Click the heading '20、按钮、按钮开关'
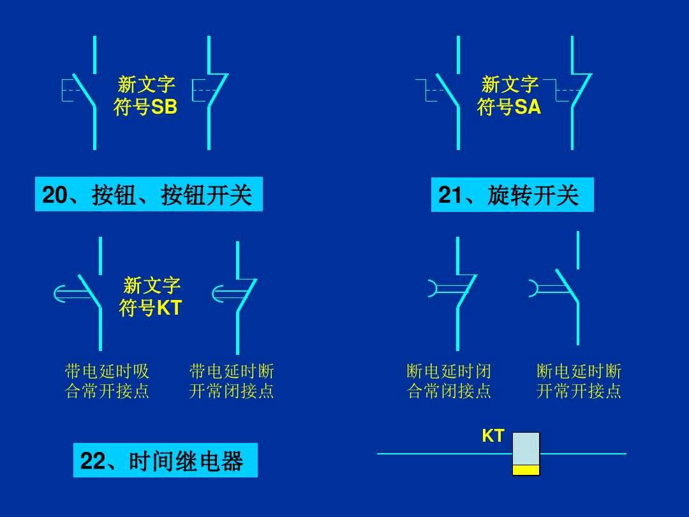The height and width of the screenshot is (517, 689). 148,194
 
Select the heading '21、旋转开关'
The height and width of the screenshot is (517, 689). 512,195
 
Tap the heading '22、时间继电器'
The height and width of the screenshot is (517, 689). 165,460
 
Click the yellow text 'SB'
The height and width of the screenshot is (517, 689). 164,108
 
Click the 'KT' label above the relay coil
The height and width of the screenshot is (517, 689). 493,437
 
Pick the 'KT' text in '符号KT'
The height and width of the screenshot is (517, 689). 170,309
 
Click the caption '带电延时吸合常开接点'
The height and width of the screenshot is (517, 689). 107,381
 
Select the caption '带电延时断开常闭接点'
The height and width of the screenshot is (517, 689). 232,381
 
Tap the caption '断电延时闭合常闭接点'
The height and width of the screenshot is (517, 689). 449,381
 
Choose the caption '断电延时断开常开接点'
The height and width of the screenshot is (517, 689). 579,381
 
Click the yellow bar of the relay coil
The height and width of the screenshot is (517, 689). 526,470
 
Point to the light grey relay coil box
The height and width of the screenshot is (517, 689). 526,449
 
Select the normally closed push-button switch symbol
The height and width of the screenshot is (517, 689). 211,93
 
